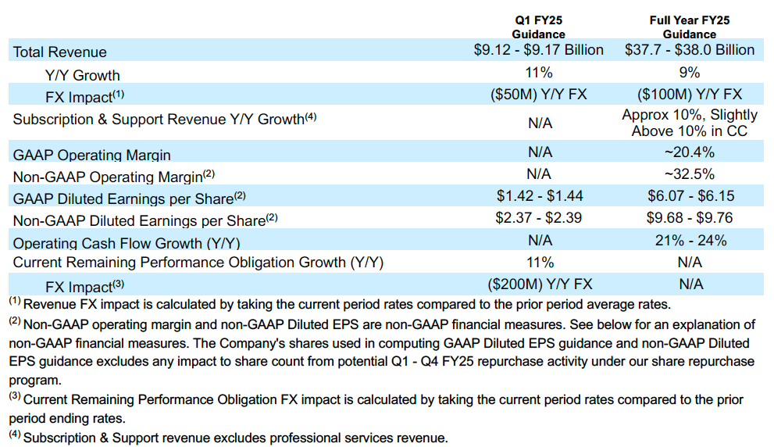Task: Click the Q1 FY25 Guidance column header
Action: click(x=538, y=27)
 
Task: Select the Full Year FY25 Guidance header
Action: click(x=690, y=27)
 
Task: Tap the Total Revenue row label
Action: click(x=60, y=52)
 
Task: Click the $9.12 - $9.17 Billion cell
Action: click(x=538, y=50)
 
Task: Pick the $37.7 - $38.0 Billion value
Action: click(x=690, y=50)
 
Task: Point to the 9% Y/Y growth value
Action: click(x=690, y=73)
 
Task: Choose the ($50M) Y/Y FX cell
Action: click(x=538, y=95)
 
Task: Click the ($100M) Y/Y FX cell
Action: click(x=690, y=95)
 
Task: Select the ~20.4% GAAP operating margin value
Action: click(x=690, y=152)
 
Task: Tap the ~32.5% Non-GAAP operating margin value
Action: click(x=690, y=173)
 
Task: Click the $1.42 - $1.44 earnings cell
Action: click(x=538, y=195)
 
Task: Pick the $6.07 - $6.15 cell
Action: click(x=690, y=195)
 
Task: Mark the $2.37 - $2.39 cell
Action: click(x=538, y=218)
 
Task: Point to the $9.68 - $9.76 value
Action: click(x=690, y=218)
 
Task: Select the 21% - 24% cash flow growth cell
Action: click(x=690, y=240)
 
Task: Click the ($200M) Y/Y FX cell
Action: click(x=538, y=284)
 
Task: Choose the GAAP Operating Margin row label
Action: click(x=92, y=155)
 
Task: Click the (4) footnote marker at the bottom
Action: click(x=15, y=435)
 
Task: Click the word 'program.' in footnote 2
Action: click(x=34, y=381)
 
